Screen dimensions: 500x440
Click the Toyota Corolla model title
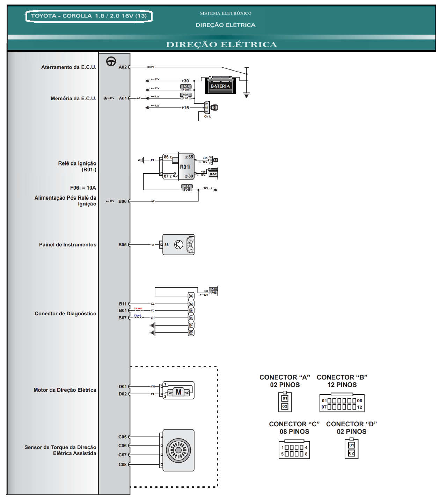pyautogui.click(x=89, y=16)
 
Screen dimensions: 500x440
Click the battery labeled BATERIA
pyautogui.click(x=220, y=85)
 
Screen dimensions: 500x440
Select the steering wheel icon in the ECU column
pyautogui.click(x=111, y=61)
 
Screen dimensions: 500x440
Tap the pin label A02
pyautogui.click(x=123, y=67)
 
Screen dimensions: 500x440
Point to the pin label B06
pyautogui.click(x=122, y=201)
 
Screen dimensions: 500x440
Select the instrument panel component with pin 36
pyautogui.click(x=178, y=244)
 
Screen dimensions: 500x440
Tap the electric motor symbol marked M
pyautogui.click(x=178, y=392)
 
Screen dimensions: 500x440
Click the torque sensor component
pyautogui.click(x=178, y=450)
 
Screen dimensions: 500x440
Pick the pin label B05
pyautogui.click(x=122, y=245)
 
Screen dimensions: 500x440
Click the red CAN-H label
pyautogui.click(x=138, y=309)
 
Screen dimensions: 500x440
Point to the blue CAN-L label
pyautogui.click(x=138, y=316)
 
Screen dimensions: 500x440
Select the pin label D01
pyautogui.click(x=123, y=387)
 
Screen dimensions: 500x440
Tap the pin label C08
pyautogui.click(x=122, y=464)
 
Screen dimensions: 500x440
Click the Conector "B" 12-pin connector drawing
pyautogui.click(x=342, y=403)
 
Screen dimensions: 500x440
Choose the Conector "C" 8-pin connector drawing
pyautogui.click(x=294, y=450)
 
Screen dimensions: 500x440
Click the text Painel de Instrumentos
pyautogui.click(x=67, y=245)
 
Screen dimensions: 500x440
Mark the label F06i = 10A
pyautogui.click(x=83, y=188)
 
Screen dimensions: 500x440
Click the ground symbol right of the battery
pyautogui.click(x=247, y=95)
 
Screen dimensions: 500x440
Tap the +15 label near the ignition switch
pyautogui.click(x=185, y=108)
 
